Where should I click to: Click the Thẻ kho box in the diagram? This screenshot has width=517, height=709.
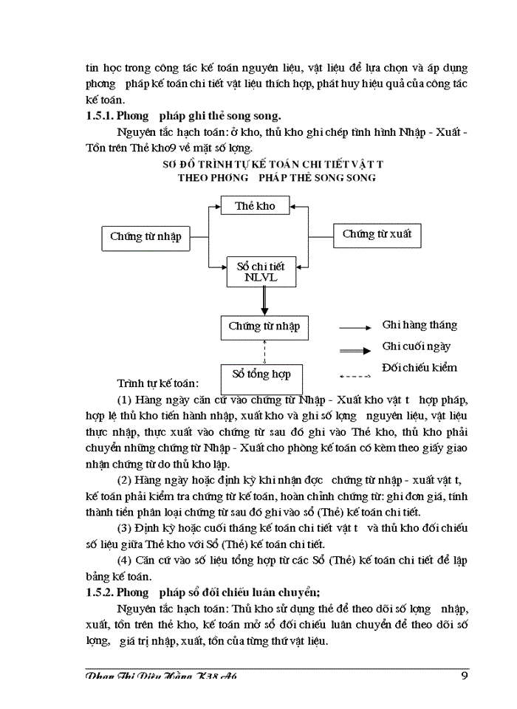255,206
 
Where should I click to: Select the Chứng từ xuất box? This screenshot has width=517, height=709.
377,235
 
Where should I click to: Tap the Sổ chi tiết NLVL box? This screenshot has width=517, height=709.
260,271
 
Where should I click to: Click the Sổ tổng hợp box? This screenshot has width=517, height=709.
261,374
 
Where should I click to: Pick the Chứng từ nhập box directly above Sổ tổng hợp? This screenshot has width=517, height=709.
264,326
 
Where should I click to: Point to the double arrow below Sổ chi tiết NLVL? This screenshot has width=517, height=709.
261,301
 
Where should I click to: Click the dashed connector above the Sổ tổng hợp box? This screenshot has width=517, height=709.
264,350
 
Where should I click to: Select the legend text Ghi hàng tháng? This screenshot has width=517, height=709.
420,325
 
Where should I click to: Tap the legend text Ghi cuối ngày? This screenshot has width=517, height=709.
417,346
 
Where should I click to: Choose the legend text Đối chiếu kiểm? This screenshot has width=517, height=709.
420,367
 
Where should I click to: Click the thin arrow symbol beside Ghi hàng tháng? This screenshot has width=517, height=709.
355,326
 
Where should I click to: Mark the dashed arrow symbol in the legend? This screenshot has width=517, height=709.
355,369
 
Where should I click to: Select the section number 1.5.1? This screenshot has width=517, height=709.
101,115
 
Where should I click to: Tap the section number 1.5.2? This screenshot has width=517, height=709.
101,591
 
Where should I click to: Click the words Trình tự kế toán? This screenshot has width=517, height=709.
157,384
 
